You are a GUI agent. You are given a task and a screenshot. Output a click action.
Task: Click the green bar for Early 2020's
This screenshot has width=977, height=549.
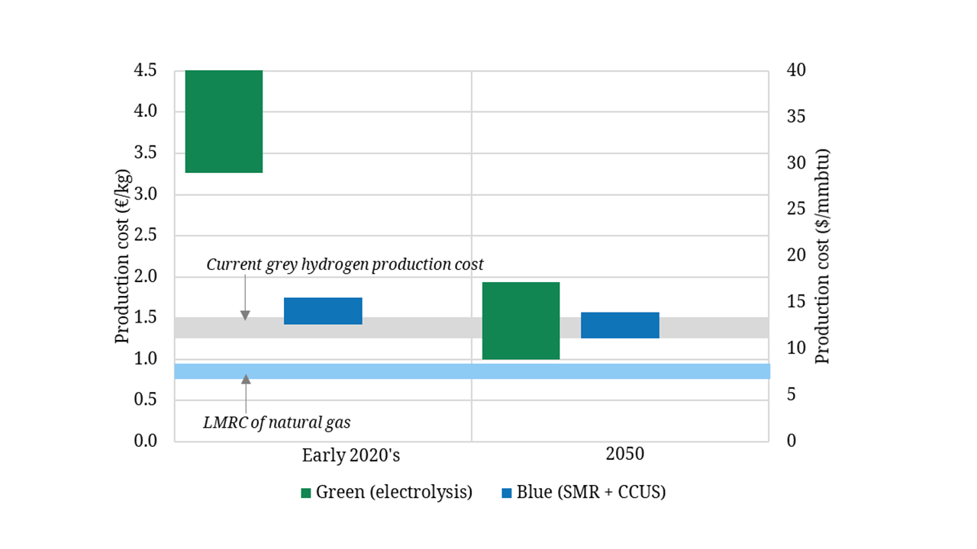224,121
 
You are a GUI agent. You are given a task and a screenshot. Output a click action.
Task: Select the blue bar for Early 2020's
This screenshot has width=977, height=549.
323,311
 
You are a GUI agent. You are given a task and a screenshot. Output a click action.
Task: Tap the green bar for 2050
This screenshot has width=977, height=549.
521,320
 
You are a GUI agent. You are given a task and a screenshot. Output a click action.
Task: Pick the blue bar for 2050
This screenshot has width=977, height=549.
620,325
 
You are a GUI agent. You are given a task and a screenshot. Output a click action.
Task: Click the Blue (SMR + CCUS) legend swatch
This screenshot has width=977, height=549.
506,493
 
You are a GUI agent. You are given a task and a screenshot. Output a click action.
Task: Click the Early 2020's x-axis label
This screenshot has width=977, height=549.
351,456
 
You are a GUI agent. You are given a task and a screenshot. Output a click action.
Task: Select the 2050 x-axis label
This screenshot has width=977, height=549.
625,454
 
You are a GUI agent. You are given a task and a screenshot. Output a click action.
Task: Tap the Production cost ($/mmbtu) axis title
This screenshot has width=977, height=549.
822,256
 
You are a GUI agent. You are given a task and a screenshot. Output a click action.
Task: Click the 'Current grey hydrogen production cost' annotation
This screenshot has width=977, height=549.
345,265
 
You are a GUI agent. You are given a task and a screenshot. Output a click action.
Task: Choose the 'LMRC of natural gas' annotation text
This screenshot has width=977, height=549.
276,422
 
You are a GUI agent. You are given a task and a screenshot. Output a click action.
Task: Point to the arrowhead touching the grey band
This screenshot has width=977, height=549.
245,315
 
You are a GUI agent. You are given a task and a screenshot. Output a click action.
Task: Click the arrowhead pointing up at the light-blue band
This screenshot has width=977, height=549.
246,379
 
